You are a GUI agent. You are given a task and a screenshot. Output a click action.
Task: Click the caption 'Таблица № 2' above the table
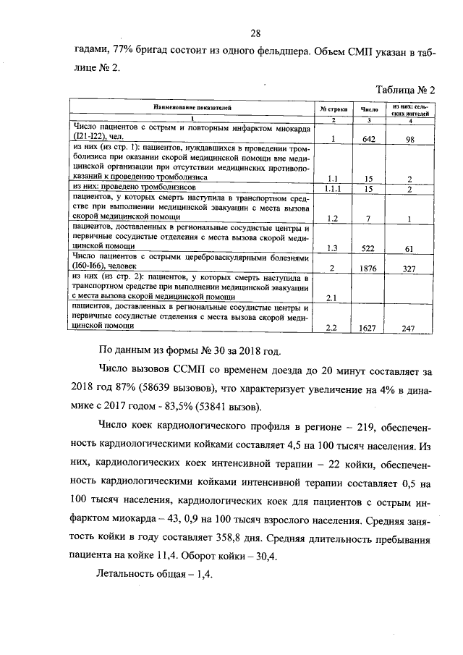pyautogui.click(x=406, y=90)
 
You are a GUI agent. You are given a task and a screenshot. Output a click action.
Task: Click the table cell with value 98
pyautogui.click(x=409, y=139)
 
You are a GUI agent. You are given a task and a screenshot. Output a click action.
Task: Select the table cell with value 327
pyautogui.click(x=409, y=269)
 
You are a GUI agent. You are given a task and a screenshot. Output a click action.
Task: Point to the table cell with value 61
pyautogui.click(x=409, y=249)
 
